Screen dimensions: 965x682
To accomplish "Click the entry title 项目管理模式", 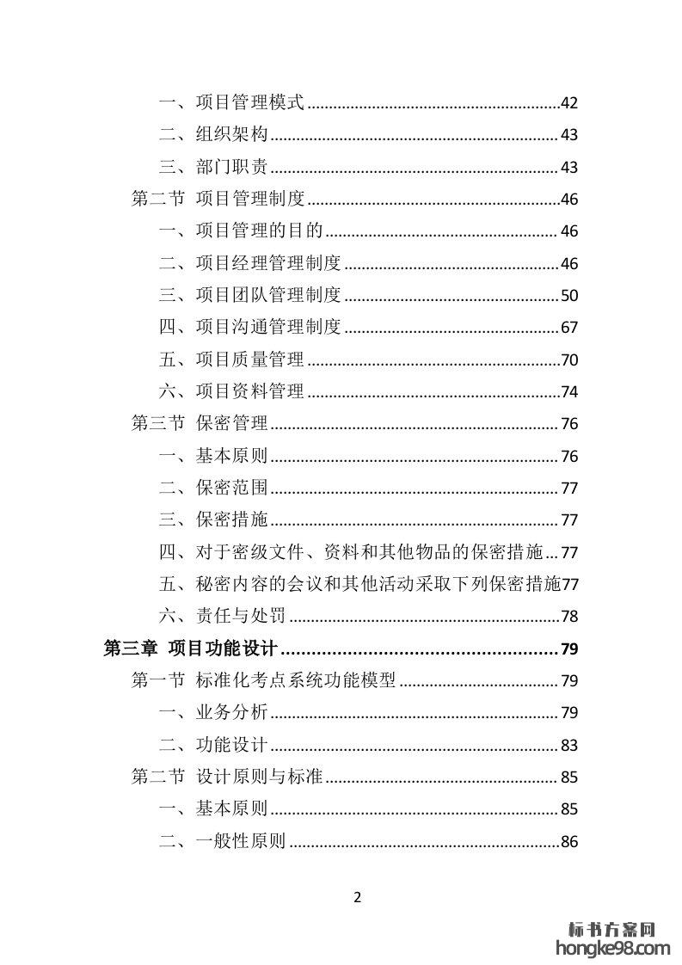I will [x=250, y=103].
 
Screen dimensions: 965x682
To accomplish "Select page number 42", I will [x=568, y=103].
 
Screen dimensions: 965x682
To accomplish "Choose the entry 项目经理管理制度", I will [x=268, y=263].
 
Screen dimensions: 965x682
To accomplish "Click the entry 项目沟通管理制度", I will [x=268, y=328].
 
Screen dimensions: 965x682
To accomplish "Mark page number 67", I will [x=568, y=328].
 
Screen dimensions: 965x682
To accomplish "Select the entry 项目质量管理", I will [x=250, y=360].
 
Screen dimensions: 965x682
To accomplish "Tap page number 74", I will [x=568, y=392].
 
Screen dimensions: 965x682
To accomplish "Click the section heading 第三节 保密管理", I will [x=200, y=424].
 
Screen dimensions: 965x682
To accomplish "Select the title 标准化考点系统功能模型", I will [x=296, y=681].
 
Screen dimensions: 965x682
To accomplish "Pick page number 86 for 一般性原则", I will [x=568, y=842].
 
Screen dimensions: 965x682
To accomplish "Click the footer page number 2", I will [x=358, y=898].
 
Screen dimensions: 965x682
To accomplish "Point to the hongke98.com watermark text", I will [x=613, y=949].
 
